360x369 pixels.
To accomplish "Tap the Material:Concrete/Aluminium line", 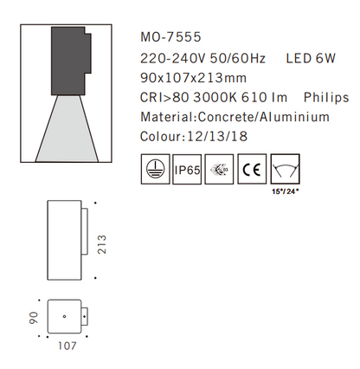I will click(234, 117).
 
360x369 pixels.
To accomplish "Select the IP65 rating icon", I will click(188, 170).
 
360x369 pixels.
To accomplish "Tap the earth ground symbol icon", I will click(154, 170).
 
